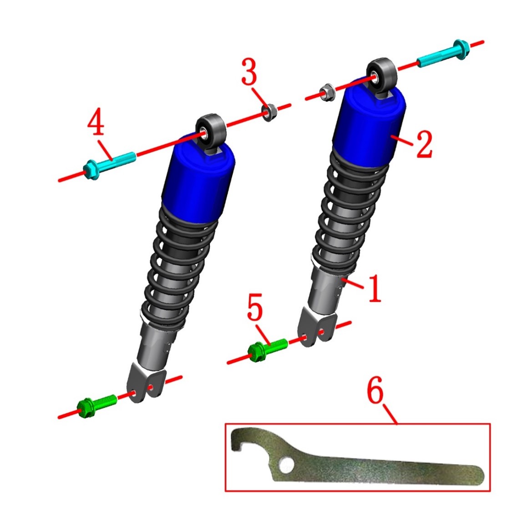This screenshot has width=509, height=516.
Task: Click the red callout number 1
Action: (374, 288)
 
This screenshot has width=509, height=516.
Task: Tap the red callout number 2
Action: (424, 144)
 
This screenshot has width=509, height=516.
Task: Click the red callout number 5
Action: (255, 307)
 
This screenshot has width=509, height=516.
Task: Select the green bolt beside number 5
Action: (268, 350)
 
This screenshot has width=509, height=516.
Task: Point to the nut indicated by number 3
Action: (269, 112)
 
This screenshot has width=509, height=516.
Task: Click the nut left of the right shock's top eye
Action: (327, 92)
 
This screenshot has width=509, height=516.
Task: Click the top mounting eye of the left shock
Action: (211, 130)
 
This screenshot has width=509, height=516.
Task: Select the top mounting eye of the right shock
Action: (382, 74)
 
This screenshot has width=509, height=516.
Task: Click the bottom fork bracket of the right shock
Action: (317, 326)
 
